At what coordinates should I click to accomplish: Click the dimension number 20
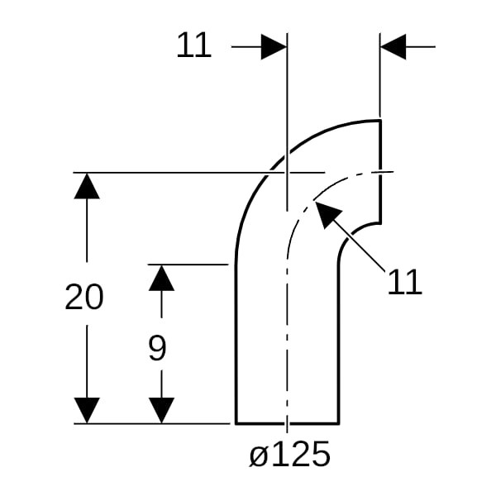(x=83, y=297)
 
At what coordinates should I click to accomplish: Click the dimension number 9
(x=157, y=348)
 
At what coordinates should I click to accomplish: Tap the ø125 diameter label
(x=289, y=454)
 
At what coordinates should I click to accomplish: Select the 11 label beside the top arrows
(x=193, y=45)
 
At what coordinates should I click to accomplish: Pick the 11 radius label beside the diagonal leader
(x=404, y=282)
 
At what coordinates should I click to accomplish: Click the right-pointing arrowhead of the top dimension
(x=274, y=47)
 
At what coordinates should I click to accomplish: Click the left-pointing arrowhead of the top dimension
(x=393, y=47)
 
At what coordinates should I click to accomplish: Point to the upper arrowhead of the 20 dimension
(x=87, y=186)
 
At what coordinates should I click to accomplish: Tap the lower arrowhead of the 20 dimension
(x=87, y=410)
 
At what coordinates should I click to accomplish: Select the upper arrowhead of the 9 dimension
(x=161, y=278)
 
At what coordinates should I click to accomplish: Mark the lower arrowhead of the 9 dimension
(x=161, y=410)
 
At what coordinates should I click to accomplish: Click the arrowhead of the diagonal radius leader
(x=327, y=212)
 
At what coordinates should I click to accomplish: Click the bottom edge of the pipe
(x=287, y=423)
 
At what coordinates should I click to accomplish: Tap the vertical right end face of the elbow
(x=380, y=172)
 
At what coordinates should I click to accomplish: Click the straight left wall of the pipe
(x=236, y=343)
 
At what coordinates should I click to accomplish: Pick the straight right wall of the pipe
(x=339, y=343)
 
